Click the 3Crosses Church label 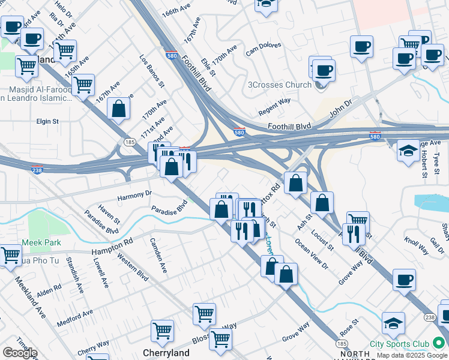coord(280,85)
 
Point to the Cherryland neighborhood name coord(166,353)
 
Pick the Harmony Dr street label coord(134,195)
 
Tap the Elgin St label coord(47,121)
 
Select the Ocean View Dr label coord(312,254)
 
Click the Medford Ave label coord(75,319)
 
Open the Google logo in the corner coord(19,353)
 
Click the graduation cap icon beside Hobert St coord(408,150)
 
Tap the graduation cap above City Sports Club coord(393,324)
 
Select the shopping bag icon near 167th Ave coord(119,109)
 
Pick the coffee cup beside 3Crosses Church coord(324,71)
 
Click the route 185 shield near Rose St coord(342,343)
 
